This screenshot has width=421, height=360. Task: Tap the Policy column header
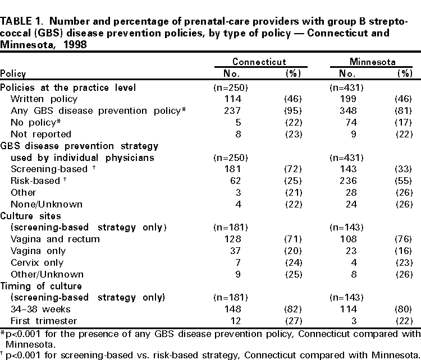[13, 74]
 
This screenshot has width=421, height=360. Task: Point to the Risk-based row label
[34, 181]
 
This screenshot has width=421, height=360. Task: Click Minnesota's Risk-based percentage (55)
[404, 181]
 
